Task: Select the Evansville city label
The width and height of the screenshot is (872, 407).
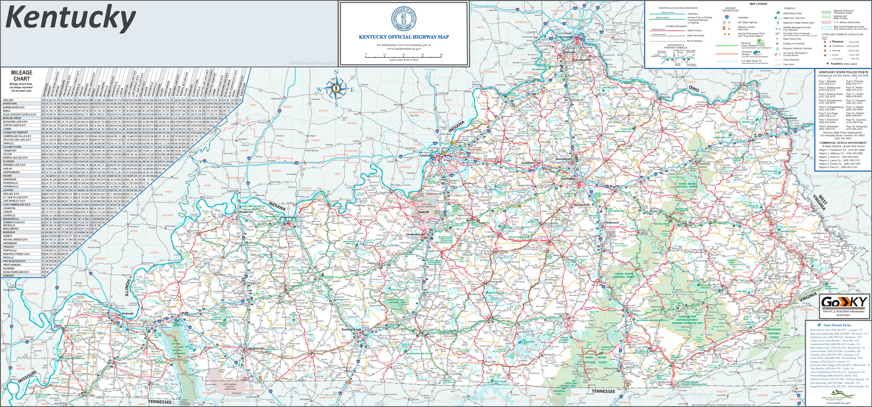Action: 233,191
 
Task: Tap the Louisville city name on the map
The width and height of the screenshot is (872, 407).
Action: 426,156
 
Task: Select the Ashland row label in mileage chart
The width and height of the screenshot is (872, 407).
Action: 8,100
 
